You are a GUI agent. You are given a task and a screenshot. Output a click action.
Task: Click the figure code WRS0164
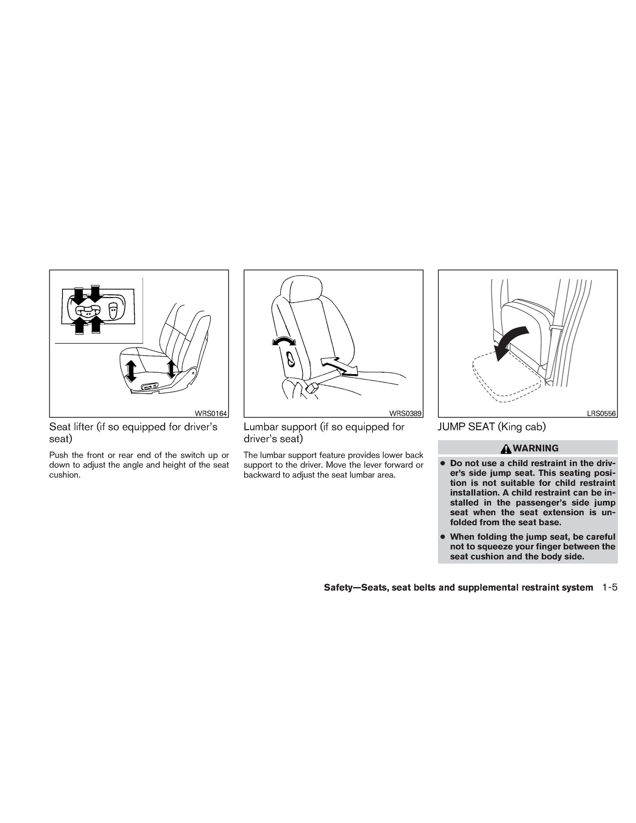211,413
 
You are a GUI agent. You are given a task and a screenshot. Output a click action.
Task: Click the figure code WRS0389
405,413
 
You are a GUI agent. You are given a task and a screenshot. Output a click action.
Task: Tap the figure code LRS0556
601,413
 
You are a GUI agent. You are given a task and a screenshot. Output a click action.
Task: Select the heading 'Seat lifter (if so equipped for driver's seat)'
133,433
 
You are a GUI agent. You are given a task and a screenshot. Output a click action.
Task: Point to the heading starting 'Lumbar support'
324,433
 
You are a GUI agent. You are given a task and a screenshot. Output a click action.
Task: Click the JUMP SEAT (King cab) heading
492,427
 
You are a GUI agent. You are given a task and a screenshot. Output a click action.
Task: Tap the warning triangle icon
506,448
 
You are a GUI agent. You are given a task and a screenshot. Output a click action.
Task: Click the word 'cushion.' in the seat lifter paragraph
64,475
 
